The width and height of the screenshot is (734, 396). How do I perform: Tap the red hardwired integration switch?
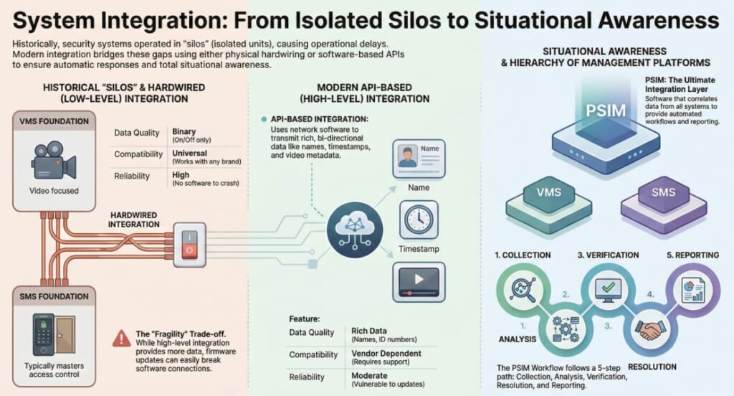point(189,245)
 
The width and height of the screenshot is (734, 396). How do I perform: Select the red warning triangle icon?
point(122,339)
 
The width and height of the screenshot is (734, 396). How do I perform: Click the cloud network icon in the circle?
point(355,230)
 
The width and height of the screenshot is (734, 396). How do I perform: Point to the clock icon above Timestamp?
point(419,220)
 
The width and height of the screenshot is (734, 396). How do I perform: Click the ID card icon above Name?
point(419,159)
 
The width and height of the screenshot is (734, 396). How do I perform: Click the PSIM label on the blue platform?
point(606,110)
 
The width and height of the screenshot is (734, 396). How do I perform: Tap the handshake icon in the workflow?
point(650,329)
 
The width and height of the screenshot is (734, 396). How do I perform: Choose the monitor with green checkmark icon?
point(608,289)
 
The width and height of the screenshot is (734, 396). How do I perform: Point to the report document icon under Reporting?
point(693,290)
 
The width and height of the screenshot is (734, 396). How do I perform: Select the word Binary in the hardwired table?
point(184,132)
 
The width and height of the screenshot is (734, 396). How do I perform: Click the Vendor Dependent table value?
point(386,354)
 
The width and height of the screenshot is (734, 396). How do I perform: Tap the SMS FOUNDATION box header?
point(54,297)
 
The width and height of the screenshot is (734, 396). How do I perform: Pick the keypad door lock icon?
point(54,334)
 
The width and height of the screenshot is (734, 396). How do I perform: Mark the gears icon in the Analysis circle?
point(566,329)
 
